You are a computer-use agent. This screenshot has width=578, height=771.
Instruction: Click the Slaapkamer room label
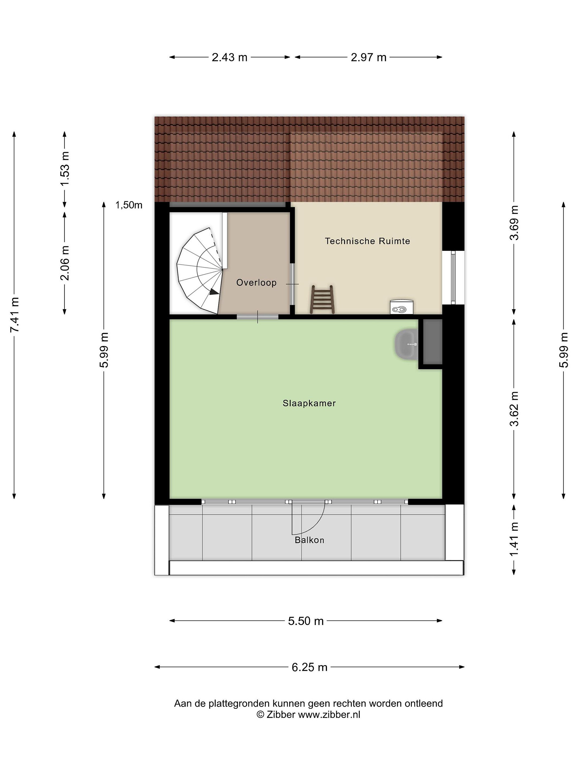pyautogui.click(x=309, y=403)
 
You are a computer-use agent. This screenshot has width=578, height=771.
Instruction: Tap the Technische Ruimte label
pyautogui.click(x=367, y=241)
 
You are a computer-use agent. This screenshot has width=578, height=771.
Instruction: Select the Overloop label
pyautogui.click(x=256, y=282)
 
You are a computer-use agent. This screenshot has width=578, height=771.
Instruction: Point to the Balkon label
pyautogui.click(x=309, y=540)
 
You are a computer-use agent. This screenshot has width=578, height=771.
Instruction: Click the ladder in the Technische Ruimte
pyautogui.click(x=322, y=299)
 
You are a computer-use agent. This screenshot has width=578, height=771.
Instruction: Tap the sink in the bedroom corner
pyautogui.click(x=406, y=344)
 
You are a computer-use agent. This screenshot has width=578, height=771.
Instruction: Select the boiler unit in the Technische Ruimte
pyautogui.click(x=401, y=306)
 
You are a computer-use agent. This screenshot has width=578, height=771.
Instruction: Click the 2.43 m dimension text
pyautogui.click(x=230, y=57)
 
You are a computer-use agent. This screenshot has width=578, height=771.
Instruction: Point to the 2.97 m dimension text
pyautogui.click(x=369, y=57)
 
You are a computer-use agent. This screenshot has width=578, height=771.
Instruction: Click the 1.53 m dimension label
pyautogui.click(x=65, y=169)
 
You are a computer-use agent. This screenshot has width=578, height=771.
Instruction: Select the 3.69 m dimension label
pyautogui.click(x=514, y=223)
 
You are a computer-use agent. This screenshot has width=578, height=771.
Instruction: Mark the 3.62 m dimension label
pyautogui.click(x=514, y=409)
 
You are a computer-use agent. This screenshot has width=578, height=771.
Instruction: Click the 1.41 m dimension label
pyautogui.click(x=514, y=539)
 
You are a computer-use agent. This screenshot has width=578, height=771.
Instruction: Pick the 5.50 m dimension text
pyautogui.click(x=306, y=621)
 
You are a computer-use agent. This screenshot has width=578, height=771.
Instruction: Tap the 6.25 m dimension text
pyautogui.click(x=309, y=667)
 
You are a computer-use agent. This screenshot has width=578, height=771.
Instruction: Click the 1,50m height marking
pyautogui.click(x=129, y=205)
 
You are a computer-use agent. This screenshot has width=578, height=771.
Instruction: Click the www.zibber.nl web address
pyautogui.click(x=329, y=715)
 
